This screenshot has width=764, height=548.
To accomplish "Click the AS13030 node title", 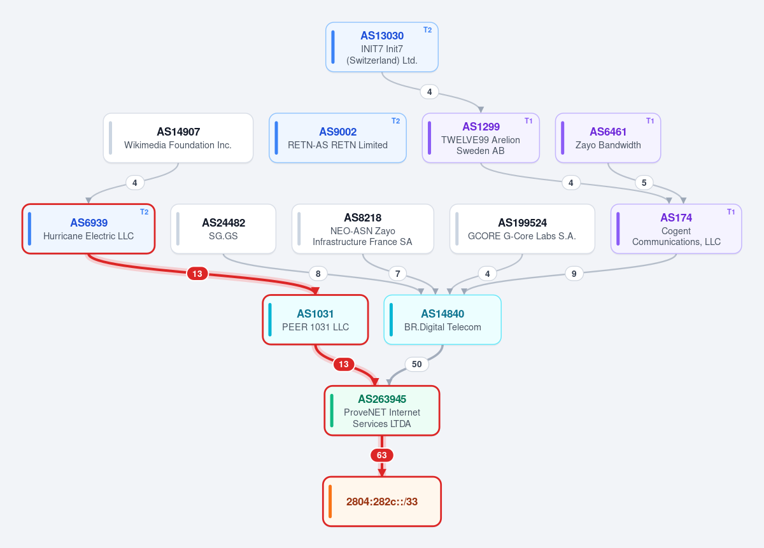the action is [382, 36].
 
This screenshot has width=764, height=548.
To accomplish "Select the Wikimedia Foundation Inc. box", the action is [178, 137].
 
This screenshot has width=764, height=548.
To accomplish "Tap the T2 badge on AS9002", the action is [395, 121].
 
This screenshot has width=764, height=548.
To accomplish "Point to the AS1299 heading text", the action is [481, 127].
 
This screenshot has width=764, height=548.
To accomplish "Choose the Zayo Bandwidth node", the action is [608, 137].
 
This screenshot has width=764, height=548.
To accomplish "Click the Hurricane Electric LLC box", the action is [88, 229].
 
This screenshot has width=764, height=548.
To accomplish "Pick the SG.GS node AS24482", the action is [223, 229].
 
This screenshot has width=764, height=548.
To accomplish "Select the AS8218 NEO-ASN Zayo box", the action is [362, 229].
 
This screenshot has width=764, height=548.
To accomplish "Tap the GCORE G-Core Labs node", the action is [522, 229].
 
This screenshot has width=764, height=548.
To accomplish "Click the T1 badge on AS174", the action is [731, 212].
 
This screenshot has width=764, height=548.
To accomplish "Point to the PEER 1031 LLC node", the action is [315, 320].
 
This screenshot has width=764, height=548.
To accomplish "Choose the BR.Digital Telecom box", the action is [442, 320].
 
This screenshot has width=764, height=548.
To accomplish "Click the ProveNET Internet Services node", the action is [382, 411].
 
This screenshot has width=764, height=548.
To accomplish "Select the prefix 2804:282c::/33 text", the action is [382, 502].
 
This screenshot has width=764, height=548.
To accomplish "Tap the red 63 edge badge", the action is [382, 455].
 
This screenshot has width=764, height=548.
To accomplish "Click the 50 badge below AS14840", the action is [417, 364].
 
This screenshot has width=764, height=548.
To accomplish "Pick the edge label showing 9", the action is [574, 274].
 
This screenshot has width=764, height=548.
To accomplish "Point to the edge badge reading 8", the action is [318, 274].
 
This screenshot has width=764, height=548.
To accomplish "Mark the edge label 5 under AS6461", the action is [644, 183].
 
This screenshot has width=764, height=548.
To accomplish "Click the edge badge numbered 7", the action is [398, 274].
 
